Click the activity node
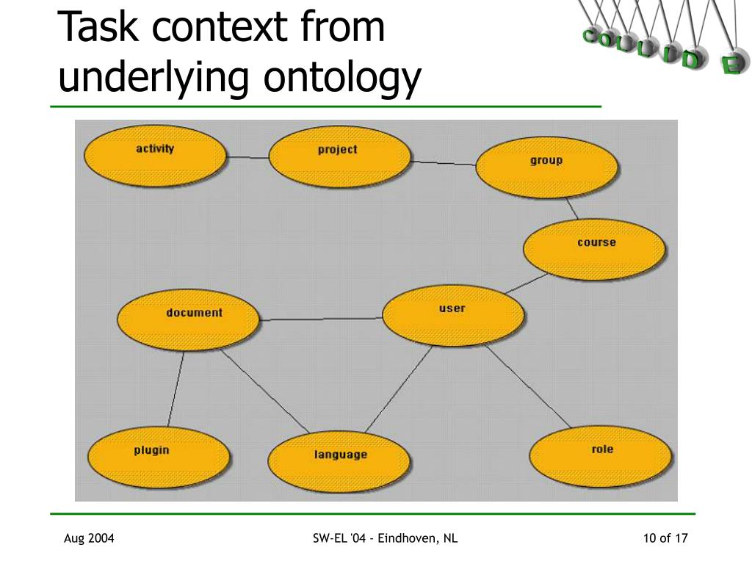click(154, 155)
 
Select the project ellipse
click(339, 156)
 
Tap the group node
click(546, 167)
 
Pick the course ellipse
click(594, 249)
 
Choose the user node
click(453, 315)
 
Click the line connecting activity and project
click(247, 157)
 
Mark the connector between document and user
click(322, 319)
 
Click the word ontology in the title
click(343, 78)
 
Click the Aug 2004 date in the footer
click(89, 539)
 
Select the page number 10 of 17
click(665, 539)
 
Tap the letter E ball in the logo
click(729, 65)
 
